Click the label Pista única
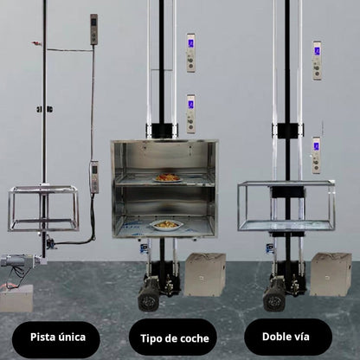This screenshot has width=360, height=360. pyautogui.click(x=56, y=338)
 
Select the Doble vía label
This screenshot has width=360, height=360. pyautogui.click(x=275, y=336)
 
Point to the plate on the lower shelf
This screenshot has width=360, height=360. pyautogui.click(x=166, y=224)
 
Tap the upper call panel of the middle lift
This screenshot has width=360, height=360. pyautogui.click(x=190, y=53)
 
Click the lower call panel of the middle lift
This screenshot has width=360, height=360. pyautogui.click(x=190, y=113)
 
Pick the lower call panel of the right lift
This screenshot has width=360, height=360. pyautogui.click(x=317, y=154)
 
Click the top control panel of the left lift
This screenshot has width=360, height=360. pyautogui.click(x=93, y=29)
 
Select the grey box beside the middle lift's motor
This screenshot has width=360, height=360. pyautogui.click(x=204, y=274)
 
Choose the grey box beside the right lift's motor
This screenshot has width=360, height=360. pyautogui.click(x=331, y=273)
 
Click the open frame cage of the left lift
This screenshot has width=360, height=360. pyautogui.click(x=43, y=209)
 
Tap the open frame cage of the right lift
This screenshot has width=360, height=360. pyautogui.click(x=286, y=205)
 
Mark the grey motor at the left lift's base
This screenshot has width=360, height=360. pyautogui.click(x=16, y=263)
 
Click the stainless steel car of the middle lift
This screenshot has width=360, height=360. pyautogui.click(x=164, y=189)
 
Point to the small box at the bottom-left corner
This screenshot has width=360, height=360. pyautogui.click(x=16, y=299)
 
